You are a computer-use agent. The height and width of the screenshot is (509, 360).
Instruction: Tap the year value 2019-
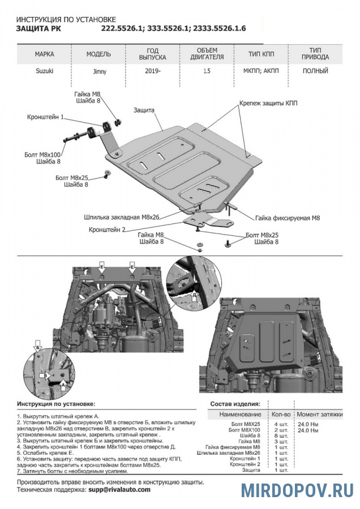point(152,71)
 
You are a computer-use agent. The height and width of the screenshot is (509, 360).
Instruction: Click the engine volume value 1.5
point(208,71)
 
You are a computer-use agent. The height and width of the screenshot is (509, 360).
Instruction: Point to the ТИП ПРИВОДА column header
point(315,54)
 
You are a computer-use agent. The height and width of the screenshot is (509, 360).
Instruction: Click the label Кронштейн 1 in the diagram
point(45,117)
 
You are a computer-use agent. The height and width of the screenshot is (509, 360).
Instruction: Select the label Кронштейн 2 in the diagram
point(107,230)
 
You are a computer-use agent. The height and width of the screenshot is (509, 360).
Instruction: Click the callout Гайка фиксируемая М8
point(288,217)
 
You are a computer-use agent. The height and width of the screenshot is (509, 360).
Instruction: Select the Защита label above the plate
point(145,111)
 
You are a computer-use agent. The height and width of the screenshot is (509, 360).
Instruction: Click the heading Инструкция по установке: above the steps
point(56,404)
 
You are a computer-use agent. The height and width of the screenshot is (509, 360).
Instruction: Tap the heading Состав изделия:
point(235,404)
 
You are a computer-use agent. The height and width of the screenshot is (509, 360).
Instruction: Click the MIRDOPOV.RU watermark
point(297,490)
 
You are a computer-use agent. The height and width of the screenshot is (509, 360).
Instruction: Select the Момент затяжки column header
point(320,415)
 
